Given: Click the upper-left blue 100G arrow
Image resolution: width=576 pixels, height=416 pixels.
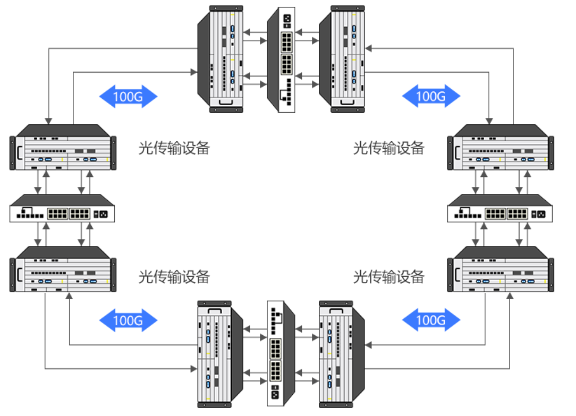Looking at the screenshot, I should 128,96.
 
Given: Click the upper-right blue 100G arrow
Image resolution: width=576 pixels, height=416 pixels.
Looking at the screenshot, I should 431,96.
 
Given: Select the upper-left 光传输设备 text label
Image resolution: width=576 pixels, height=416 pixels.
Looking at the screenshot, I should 174,148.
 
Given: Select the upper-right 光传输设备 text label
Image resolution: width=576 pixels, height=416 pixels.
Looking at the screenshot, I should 389,148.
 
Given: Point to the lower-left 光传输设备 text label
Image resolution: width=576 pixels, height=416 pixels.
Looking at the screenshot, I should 174,276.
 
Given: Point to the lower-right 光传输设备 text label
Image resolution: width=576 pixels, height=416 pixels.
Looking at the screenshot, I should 389,276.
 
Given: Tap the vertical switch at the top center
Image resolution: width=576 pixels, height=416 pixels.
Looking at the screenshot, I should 281,60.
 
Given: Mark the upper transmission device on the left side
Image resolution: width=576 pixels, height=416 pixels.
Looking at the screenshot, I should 63,148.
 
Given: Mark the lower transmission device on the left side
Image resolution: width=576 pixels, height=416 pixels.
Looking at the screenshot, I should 63,269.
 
